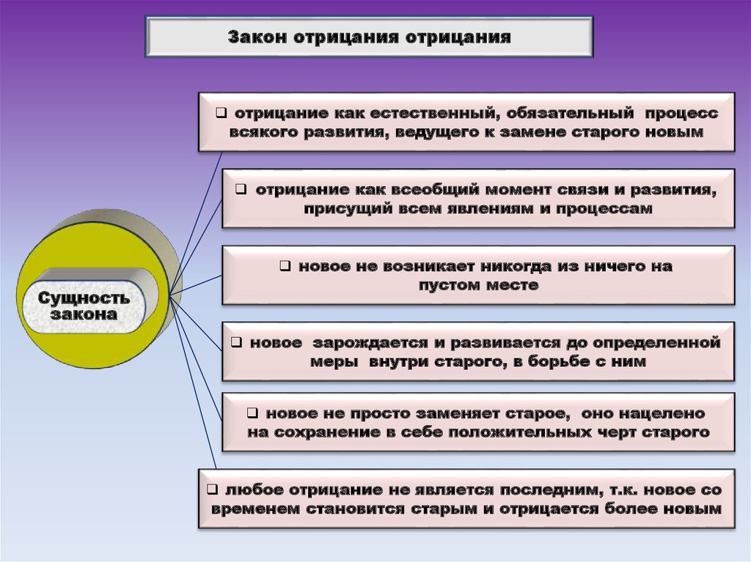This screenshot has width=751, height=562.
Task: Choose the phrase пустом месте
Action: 478,286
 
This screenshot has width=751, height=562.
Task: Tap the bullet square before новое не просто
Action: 252,413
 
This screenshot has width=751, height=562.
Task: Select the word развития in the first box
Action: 337,133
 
